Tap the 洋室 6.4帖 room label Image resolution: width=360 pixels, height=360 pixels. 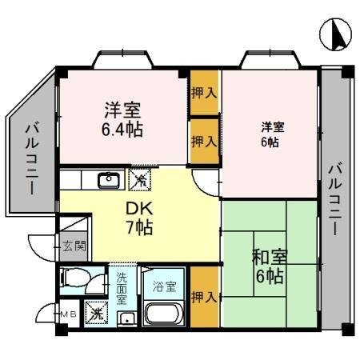122,118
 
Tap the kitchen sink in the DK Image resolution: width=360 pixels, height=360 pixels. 108,180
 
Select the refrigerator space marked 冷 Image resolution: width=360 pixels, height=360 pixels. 139,181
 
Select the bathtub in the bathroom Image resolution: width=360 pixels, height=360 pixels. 165,315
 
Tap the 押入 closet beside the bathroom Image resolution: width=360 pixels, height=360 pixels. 204,298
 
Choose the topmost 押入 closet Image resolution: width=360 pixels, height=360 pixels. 204,93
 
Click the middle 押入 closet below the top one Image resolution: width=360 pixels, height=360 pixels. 204,141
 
